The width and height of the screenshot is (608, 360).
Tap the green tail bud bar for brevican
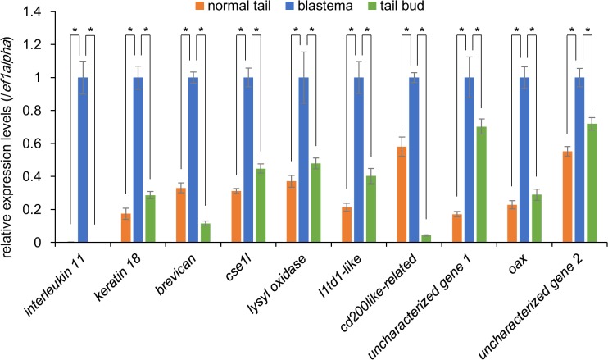[205, 233]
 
